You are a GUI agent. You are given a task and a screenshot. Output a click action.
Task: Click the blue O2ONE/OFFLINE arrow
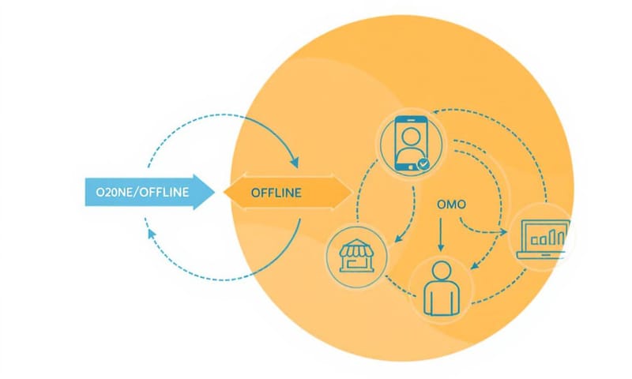coord(146,192)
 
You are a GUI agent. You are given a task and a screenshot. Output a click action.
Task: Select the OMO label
coord(451,204)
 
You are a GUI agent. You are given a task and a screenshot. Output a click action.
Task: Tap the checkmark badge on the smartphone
coord(424,164)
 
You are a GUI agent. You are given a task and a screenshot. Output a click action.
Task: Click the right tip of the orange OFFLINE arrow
coord(352,192)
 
